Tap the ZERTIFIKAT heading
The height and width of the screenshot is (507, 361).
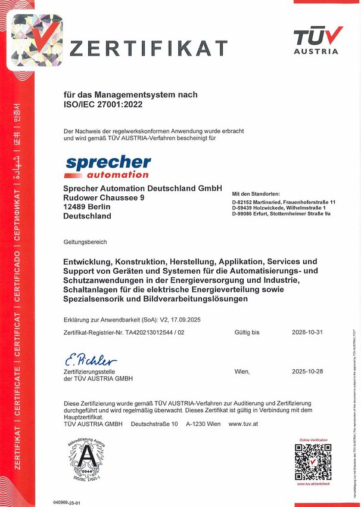(148, 48)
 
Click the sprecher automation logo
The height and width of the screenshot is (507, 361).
(108, 166)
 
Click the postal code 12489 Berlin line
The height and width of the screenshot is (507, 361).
(91, 206)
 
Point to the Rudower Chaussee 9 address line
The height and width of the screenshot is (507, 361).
(104, 197)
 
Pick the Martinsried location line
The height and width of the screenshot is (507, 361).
(284, 202)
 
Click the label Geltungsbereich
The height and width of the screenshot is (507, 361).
(85, 242)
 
